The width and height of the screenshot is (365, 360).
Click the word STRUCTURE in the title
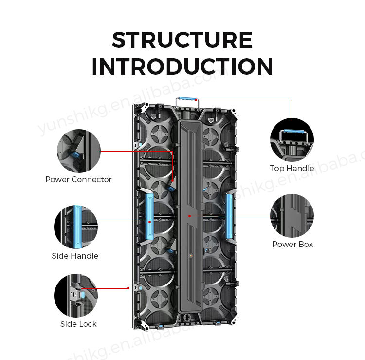[x=182, y=40]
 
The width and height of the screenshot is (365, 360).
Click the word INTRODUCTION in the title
[x=182, y=67]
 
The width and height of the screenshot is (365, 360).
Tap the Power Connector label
[x=78, y=179]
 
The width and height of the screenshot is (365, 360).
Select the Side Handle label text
[x=75, y=256]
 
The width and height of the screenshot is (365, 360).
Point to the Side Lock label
[x=78, y=324]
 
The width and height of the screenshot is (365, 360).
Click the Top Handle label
[x=292, y=168]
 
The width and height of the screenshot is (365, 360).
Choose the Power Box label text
[x=292, y=244]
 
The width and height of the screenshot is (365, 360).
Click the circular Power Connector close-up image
[x=78, y=151]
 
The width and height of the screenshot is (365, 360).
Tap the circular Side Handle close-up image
[x=76, y=227]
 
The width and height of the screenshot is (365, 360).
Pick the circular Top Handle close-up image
[x=292, y=139]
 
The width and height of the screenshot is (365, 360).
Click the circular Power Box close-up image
[x=292, y=215]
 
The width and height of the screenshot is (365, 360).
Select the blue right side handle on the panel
[x=229, y=215]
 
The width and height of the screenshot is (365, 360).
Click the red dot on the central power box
[x=188, y=215]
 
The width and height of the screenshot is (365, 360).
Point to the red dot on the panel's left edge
[x=128, y=287]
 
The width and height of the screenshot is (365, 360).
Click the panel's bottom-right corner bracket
[x=235, y=320]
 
